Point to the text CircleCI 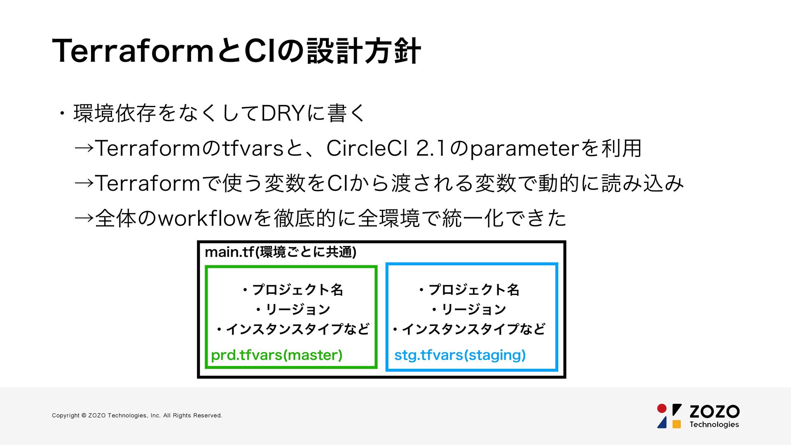point(367,148)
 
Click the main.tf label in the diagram point(229,252)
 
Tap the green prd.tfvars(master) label point(276,355)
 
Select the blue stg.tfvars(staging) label point(460,355)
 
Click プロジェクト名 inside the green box point(297,290)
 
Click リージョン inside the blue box point(473,309)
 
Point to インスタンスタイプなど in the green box point(297,329)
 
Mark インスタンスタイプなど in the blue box point(473,329)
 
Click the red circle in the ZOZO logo point(662,408)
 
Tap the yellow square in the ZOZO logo point(676,424)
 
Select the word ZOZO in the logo point(714,411)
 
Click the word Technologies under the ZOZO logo point(714,425)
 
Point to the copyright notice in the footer point(137,415)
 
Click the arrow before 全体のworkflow point(84,218)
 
